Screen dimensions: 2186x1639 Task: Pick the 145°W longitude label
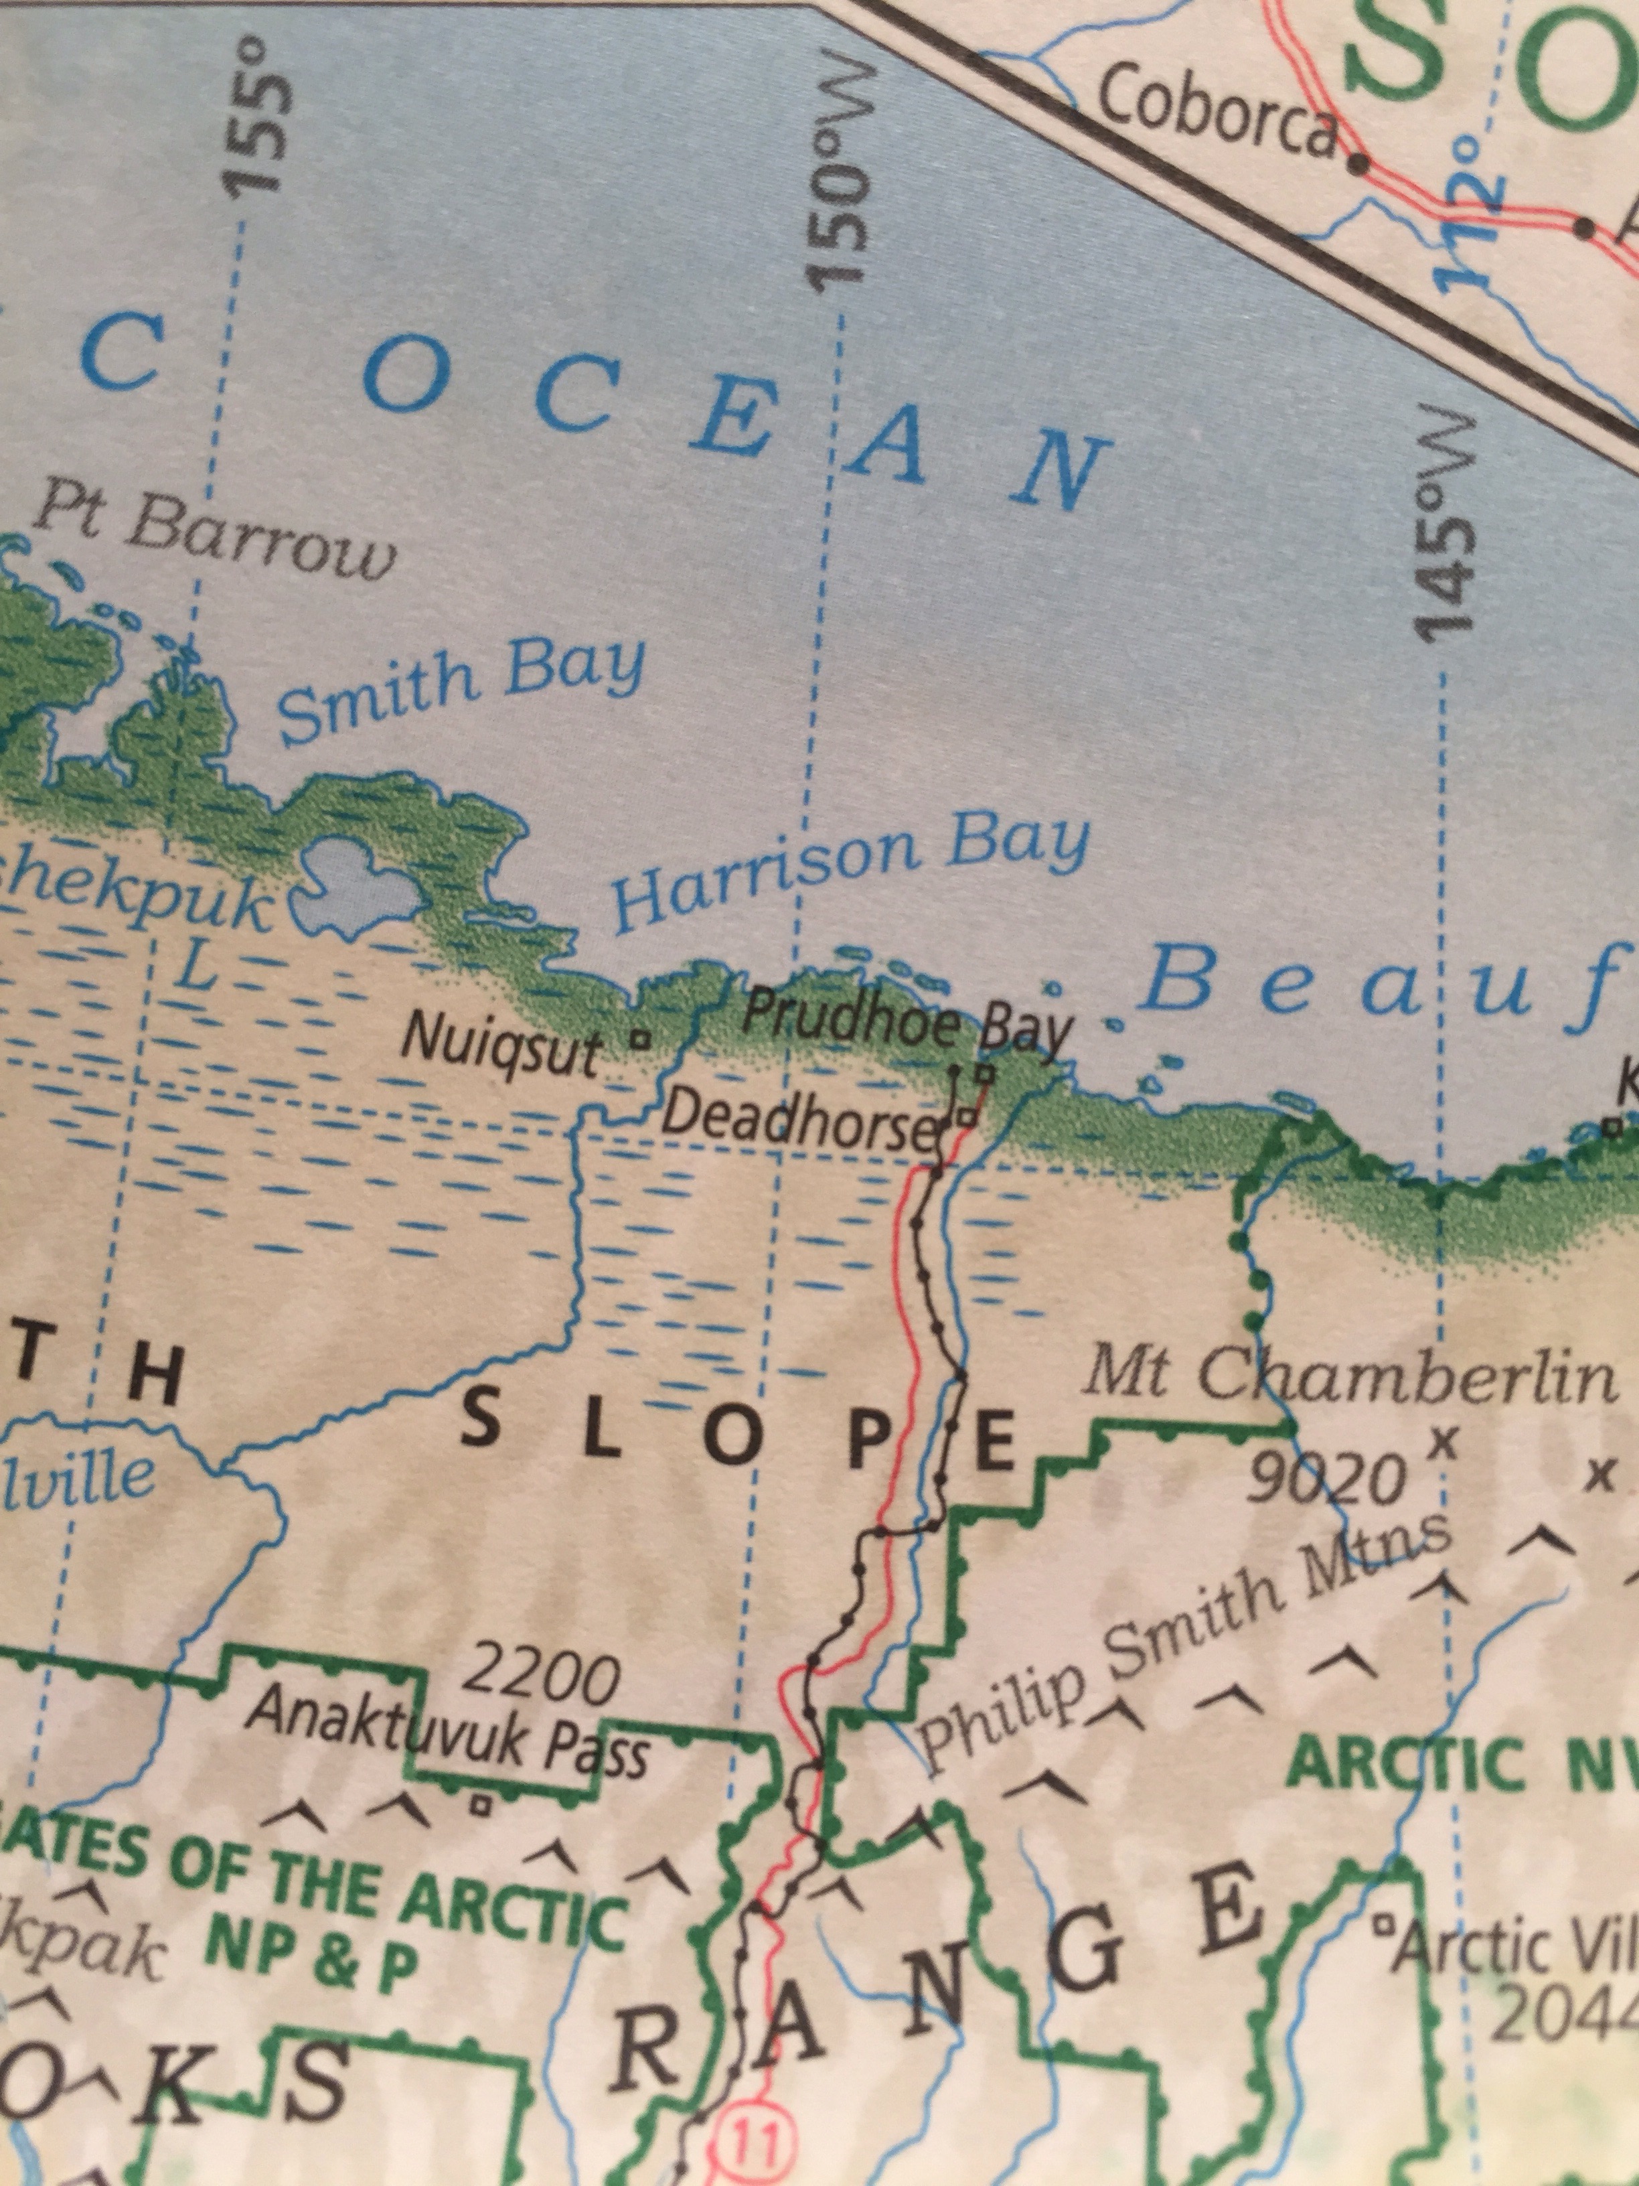(1443, 524)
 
